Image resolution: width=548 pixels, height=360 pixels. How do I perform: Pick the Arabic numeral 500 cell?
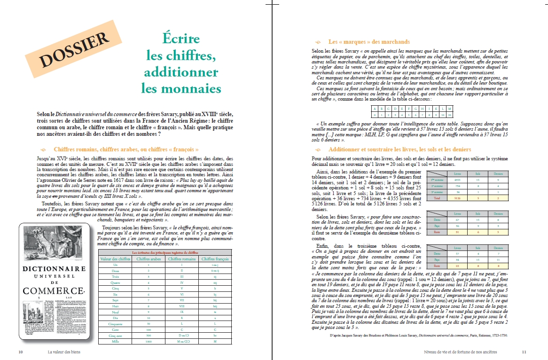(x=149, y=336)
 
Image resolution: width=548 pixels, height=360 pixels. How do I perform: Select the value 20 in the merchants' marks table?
(x=450, y=114)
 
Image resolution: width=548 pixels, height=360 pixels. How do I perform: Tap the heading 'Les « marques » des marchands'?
(x=369, y=42)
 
